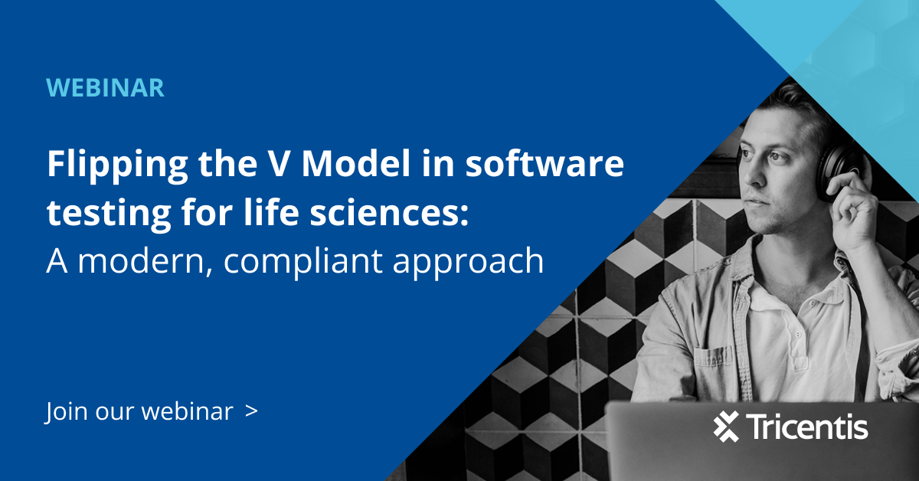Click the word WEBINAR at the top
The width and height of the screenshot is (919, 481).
tap(106, 87)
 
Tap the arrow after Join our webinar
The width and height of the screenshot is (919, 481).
tap(251, 411)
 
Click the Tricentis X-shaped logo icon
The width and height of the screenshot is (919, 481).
tap(725, 427)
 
